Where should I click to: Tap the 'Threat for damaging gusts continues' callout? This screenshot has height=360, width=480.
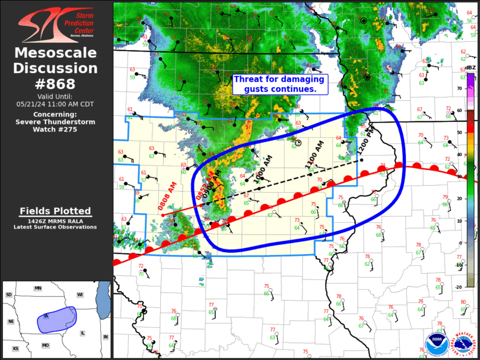pos(279,84)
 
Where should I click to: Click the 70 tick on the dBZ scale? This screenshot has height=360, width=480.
pos(459,88)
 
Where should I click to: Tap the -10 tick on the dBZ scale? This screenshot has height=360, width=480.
pos(459,265)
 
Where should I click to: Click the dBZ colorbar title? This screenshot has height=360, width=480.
pos(470,68)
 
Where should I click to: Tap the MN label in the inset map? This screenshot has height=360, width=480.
pos(38,288)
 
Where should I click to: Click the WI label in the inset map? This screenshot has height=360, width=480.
pos(80,294)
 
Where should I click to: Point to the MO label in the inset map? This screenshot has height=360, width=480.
pos(45,345)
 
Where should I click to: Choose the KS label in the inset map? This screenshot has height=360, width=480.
pos(16,349)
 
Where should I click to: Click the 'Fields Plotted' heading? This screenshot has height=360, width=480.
pos(55,211)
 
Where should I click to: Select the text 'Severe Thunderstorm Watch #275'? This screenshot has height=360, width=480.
pos(55,122)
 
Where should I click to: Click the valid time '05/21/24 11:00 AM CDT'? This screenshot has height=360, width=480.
pos(55,104)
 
